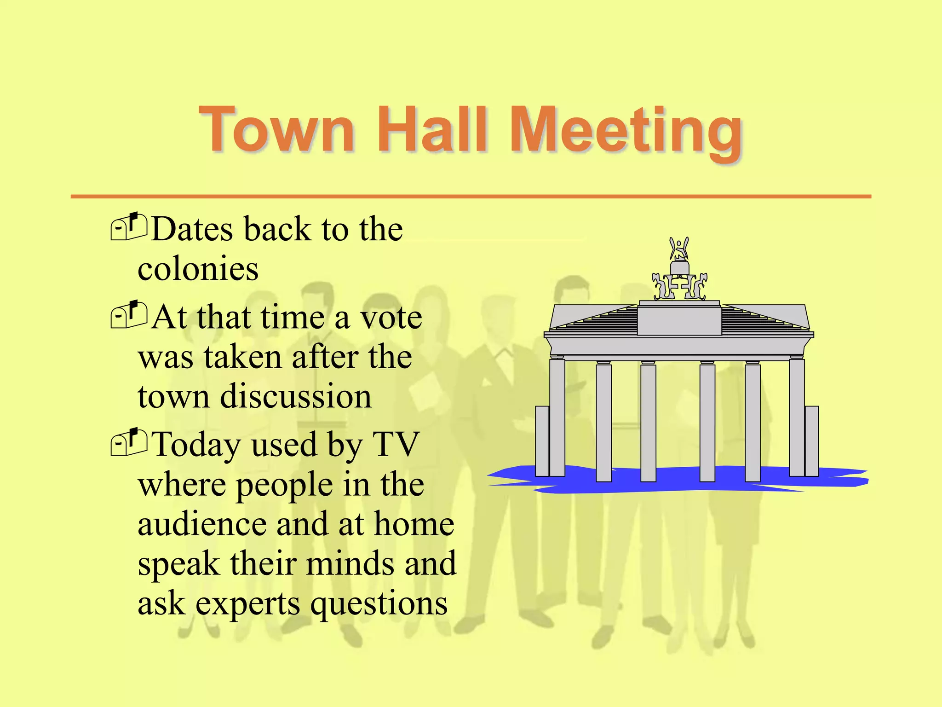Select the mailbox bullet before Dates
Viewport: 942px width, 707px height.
[x=129, y=227]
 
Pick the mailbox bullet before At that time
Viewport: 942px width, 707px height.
[x=129, y=315]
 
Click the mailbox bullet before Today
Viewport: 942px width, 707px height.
[x=129, y=443]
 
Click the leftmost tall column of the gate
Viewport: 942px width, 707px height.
[x=557, y=417]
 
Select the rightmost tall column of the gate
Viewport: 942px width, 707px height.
[x=797, y=417]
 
